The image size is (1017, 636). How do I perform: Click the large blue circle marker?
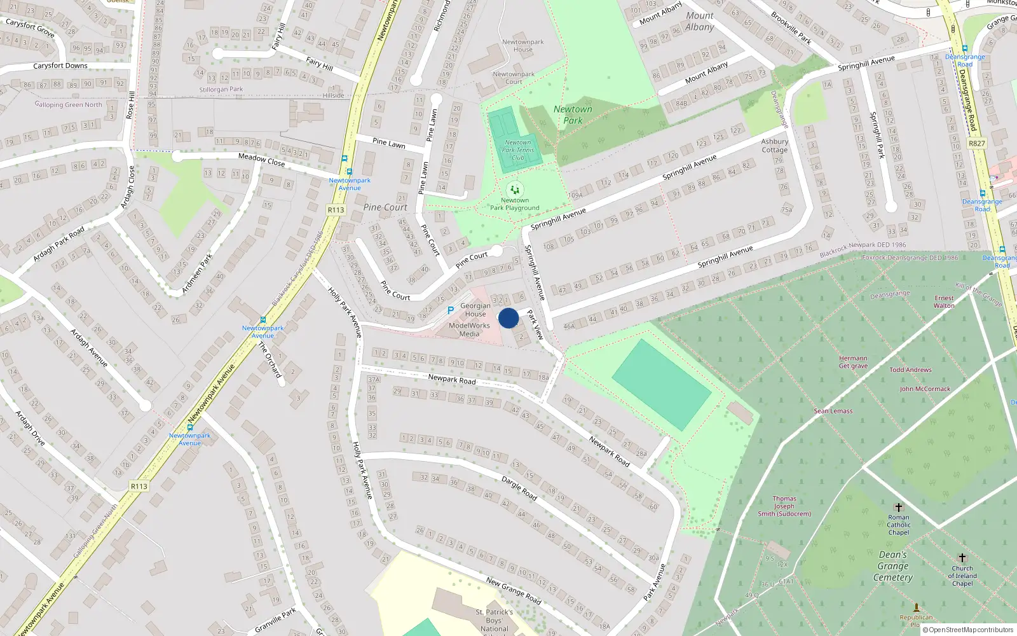coord(508,318)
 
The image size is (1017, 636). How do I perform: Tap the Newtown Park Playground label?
coord(515,204)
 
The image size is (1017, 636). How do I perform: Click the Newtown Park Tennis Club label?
coord(518,150)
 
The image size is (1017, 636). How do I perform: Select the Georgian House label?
coord(475,310)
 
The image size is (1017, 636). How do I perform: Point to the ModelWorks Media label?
coord(469,329)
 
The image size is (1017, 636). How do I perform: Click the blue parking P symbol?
coord(451,310)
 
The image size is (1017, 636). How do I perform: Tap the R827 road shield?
coord(977,144)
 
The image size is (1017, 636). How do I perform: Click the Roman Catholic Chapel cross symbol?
coord(898,508)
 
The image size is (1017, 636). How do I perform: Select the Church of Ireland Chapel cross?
coord(962,558)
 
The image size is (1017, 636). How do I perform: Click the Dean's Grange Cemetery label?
coord(893,566)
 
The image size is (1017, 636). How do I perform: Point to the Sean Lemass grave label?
coord(833,411)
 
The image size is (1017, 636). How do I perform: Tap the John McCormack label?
coord(925,389)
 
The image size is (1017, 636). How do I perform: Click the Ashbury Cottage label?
coord(775,146)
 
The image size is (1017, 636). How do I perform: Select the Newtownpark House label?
coord(523,45)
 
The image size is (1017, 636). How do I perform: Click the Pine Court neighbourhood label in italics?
coord(385,207)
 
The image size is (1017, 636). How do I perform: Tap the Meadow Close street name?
coord(261,159)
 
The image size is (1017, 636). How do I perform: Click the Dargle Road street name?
coord(519,487)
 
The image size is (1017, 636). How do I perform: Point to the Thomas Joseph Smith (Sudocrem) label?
coord(784,506)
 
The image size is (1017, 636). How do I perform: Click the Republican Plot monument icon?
coord(916,607)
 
